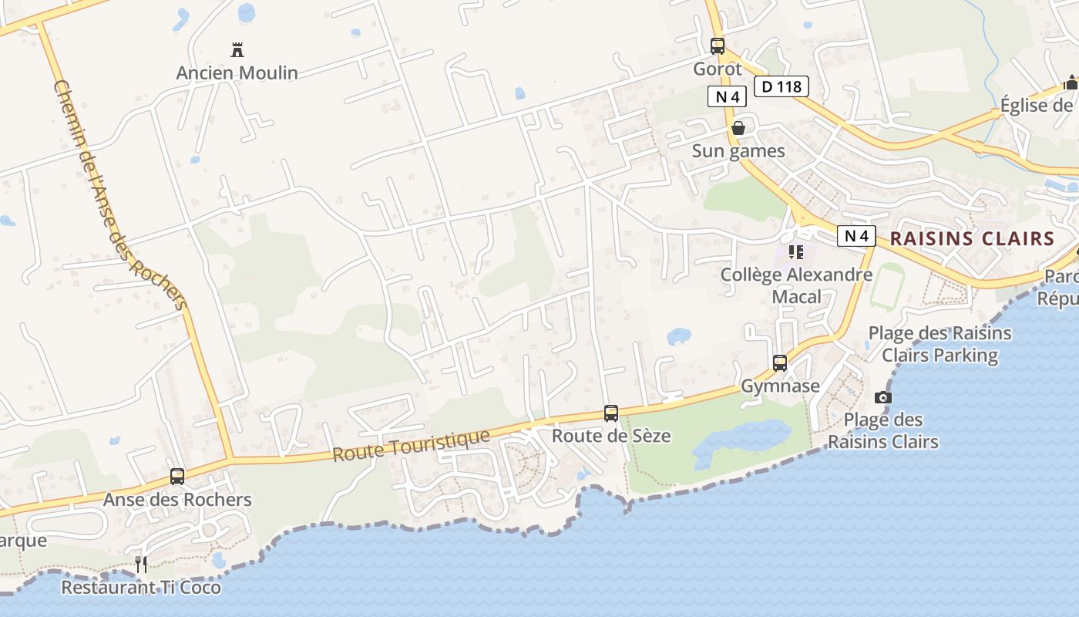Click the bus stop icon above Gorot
pyautogui.click(x=718, y=46)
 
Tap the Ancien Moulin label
pyautogui.click(x=237, y=72)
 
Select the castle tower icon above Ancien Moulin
pyautogui.click(x=237, y=51)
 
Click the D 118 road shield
pyautogui.click(x=781, y=86)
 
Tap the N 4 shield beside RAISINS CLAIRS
pyautogui.click(x=856, y=236)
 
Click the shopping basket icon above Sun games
pyautogui.click(x=738, y=128)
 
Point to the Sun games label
pyautogui.click(x=738, y=150)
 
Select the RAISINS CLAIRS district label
pyautogui.click(x=972, y=238)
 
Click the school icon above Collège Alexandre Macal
pyautogui.click(x=796, y=252)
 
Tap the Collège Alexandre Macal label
pyautogui.click(x=796, y=285)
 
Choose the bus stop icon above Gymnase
pyautogui.click(x=780, y=363)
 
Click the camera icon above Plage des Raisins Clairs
pyautogui.click(x=883, y=398)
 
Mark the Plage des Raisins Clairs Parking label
pyautogui.click(x=940, y=344)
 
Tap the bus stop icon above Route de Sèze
pyautogui.click(x=611, y=413)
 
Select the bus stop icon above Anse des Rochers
pyautogui.click(x=177, y=477)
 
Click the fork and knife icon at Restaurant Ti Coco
pyautogui.click(x=141, y=565)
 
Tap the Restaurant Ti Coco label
pyautogui.click(x=141, y=588)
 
